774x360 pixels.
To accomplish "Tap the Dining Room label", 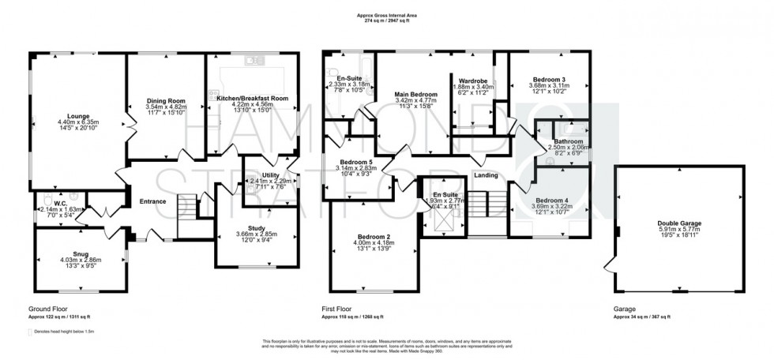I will (x=166, y=101).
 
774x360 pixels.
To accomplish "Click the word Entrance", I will (x=152, y=201).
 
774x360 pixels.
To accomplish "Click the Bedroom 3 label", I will (x=549, y=79).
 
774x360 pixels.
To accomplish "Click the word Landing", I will (x=485, y=175).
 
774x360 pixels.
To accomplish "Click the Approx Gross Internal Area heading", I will (x=388, y=15).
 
